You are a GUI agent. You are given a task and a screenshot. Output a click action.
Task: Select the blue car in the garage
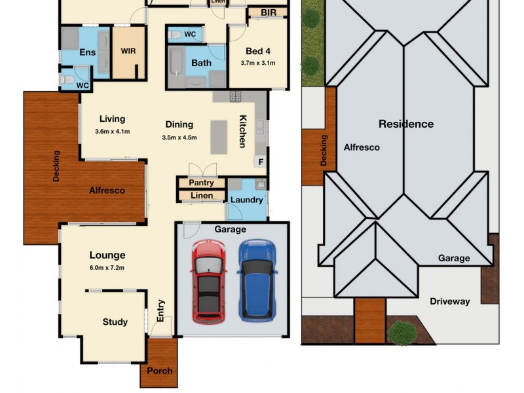click(255, 280)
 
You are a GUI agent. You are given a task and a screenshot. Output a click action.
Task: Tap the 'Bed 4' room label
click(257, 51)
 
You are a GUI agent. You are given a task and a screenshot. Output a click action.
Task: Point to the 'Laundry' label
click(247, 200)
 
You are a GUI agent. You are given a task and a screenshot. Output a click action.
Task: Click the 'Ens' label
click(87, 52)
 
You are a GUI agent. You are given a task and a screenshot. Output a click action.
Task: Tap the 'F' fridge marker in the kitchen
click(260, 161)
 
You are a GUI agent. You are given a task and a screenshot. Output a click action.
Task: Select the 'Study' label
click(115, 322)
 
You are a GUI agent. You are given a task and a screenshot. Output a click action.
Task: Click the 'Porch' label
click(159, 371)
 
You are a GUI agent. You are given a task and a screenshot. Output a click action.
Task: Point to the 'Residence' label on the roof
click(405, 124)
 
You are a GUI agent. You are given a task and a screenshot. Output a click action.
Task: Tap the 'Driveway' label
click(449, 301)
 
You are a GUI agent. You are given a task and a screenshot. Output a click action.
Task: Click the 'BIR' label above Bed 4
click(268, 12)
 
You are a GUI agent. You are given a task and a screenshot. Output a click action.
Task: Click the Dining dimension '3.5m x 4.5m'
click(179, 138)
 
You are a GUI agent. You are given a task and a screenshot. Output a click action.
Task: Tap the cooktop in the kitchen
click(234, 96)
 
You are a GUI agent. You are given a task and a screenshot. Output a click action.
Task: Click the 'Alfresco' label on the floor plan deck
click(107, 190)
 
